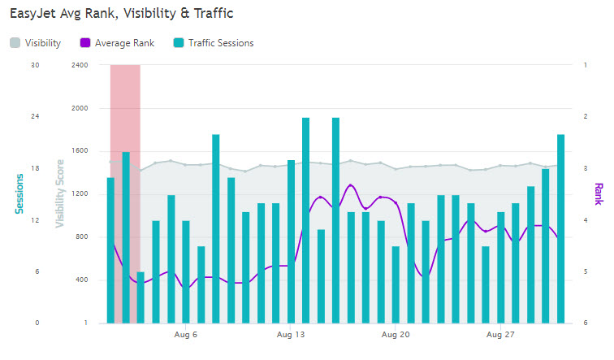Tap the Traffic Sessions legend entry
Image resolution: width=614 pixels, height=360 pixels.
[x=212, y=43]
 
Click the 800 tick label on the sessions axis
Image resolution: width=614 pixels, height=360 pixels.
[x=80, y=237]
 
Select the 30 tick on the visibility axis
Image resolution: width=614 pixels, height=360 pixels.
[x=34, y=65]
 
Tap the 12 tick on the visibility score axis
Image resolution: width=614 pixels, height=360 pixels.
[x=34, y=220]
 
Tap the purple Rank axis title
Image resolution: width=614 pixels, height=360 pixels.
[x=599, y=193]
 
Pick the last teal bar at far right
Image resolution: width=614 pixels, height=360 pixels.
[x=560, y=228]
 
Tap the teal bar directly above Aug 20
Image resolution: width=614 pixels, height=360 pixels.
[x=396, y=284]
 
